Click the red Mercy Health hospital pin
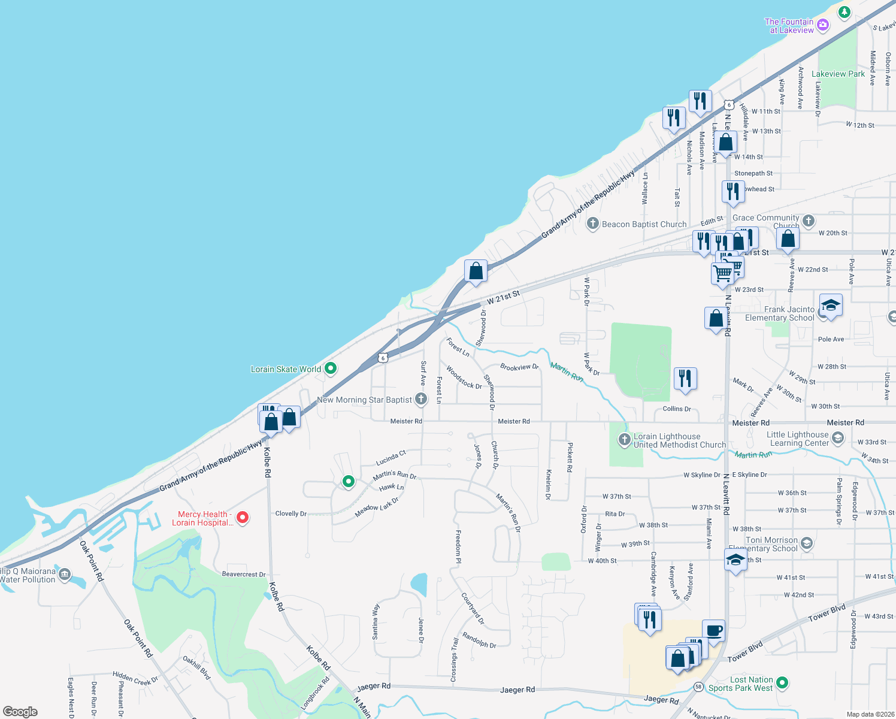(x=243, y=517)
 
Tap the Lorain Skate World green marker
(x=331, y=369)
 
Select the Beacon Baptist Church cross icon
(x=593, y=224)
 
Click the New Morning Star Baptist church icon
(x=421, y=399)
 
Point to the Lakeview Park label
(x=838, y=74)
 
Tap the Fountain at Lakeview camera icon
(x=823, y=25)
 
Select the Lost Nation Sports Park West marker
(x=782, y=683)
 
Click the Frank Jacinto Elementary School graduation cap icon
(x=830, y=307)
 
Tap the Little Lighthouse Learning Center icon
(x=838, y=439)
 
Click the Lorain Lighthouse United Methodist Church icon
(x=624, y=440)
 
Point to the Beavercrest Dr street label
(x=244, y=574)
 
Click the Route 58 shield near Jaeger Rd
(x=698, y=687)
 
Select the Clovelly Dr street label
(x=291, y=513)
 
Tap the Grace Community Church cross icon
(x=809, y=220)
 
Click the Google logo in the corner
(x=20, y=712)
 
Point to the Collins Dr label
(x=677, y=409)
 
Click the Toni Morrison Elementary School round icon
(x=807, y=543)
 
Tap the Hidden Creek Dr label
(x=135, y=678)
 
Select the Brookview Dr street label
(x=519, y=367)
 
